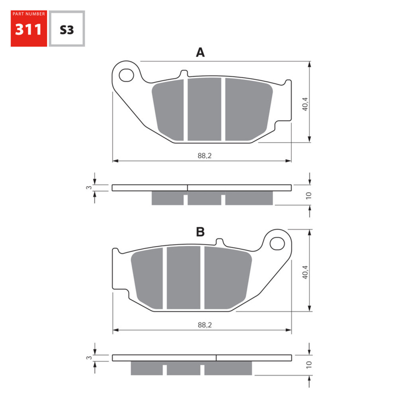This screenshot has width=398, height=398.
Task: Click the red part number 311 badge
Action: [29, 28]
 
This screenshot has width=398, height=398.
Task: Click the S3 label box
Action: [66, 29]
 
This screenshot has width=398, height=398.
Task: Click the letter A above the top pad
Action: [200, 52]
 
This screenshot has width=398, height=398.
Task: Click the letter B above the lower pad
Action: [200, 232]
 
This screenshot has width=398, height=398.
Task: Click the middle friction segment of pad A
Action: [204, 109]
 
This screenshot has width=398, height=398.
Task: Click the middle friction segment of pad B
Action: [183, 278]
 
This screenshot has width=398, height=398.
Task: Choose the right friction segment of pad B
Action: [227, 277]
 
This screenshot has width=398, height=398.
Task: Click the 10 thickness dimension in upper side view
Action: [309, 195]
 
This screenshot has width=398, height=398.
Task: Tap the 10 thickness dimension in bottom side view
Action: [309, 364]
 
